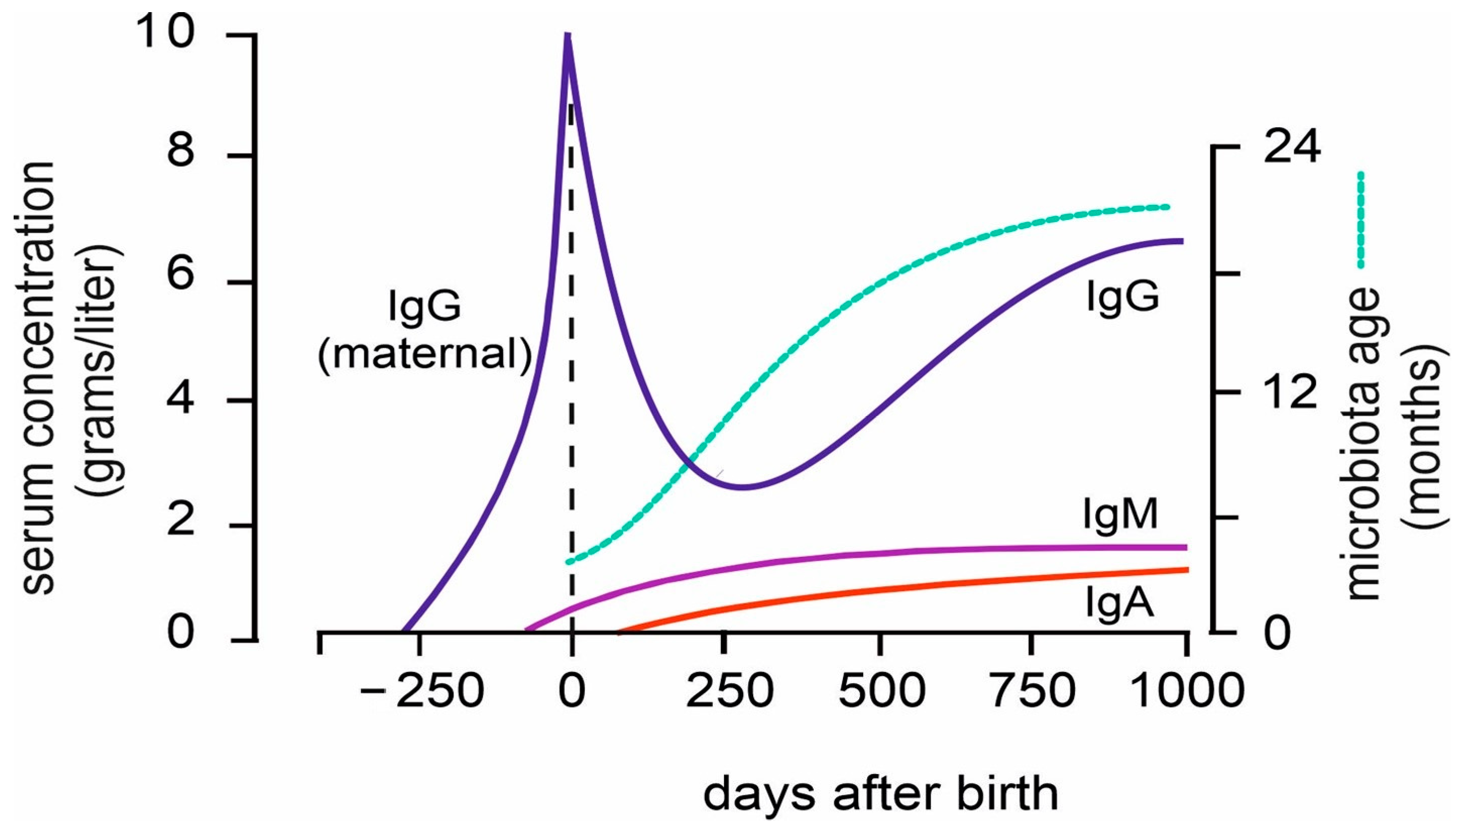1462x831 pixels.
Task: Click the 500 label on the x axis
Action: [x=882, y=691]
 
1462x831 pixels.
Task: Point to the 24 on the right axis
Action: [x=1291, y=147]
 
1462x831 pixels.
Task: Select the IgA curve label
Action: [x=1119, y=604]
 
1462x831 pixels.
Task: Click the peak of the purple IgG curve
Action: [x=568, y=36]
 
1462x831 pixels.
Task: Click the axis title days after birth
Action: [x=880, y=793]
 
